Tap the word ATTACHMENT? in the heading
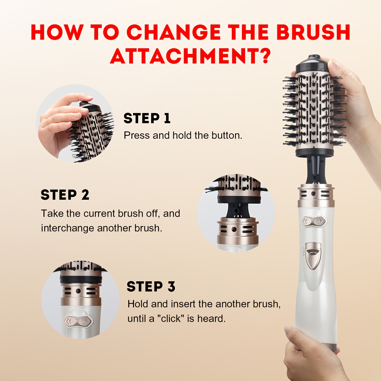[x=190, y=56]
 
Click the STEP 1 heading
[x=147, y=118]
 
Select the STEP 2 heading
[x=65, y=195]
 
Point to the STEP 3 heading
[x=151, y=286]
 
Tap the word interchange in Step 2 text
[x=68, y=228]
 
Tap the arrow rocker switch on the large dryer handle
[x=313, y=221]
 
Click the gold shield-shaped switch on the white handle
[x=313, y=256]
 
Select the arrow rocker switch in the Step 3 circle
[x=78, y=321]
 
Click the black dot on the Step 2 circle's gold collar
[x=234, y=229]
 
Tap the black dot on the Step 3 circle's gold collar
[x=78, y=291]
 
